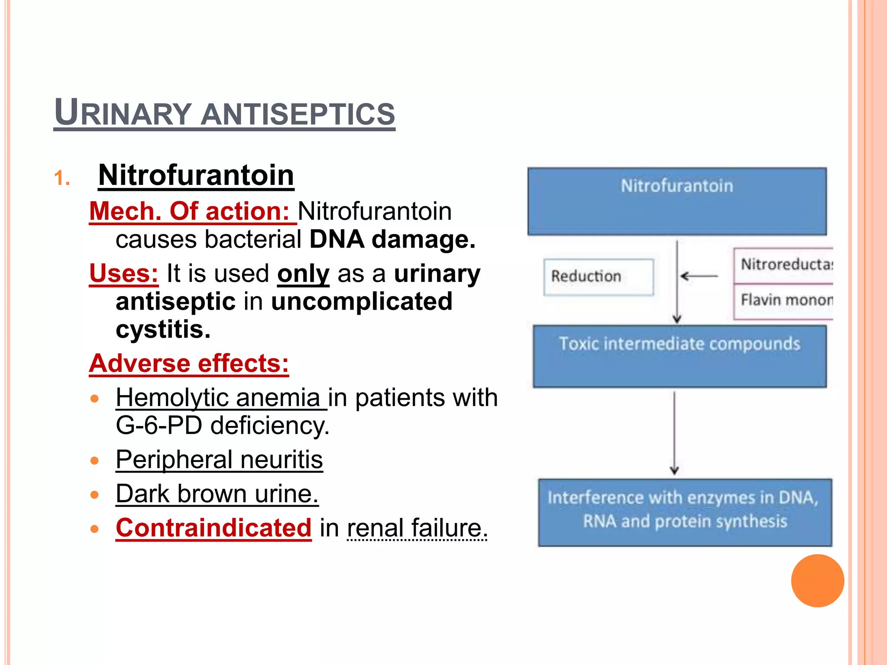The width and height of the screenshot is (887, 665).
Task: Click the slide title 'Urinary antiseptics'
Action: (224, 113)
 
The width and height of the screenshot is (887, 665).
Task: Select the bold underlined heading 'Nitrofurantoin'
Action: (196, 175)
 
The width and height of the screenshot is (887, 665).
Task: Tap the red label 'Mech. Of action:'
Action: (190, 211)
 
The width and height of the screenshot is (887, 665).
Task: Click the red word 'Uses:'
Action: (124, 274)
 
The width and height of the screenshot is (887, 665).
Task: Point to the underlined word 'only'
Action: (303, 274)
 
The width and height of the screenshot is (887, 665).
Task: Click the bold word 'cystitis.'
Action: (163, 329)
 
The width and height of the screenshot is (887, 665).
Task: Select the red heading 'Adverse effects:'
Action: (189, 363)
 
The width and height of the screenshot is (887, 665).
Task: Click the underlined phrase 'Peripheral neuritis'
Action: (219, 459)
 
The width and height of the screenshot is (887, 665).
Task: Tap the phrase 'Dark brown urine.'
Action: (217, 494)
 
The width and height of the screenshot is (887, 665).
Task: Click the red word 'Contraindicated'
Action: (214, 528)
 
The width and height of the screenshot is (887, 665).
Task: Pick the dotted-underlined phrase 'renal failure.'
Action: (417, 528)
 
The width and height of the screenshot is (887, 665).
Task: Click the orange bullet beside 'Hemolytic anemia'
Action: (95, 398)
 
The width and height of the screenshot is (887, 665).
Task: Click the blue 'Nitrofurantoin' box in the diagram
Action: (677, 202)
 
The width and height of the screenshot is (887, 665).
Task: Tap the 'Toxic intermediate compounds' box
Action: (680, 356)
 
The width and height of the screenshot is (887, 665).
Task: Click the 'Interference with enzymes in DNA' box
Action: (685, 512)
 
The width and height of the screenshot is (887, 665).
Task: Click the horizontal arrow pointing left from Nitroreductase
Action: (699, 276)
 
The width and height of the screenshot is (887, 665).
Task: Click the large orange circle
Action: (817, 581)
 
